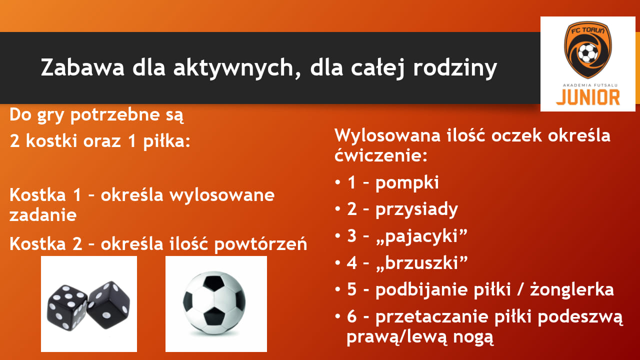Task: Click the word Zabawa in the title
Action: tap(82, 67)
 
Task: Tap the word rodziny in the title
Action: tap(455, 68)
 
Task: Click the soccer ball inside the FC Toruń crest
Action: tap(587, 53)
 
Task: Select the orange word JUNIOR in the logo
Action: tap(587, 97)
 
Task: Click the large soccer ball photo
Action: tap(214, 303)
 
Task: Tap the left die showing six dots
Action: tap(67, 307)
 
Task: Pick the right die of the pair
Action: tap(109, 304)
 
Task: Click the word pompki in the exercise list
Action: tap(407, 183)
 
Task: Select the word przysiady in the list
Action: tap(416, 210)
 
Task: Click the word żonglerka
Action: tap(572, 289)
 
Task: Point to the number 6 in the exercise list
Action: tap(351, 316)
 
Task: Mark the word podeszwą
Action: tap(580, 317)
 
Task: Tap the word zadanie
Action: tap(43, 215)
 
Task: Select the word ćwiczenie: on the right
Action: tap(381, 155)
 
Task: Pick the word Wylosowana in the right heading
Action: tap(387, 135)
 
